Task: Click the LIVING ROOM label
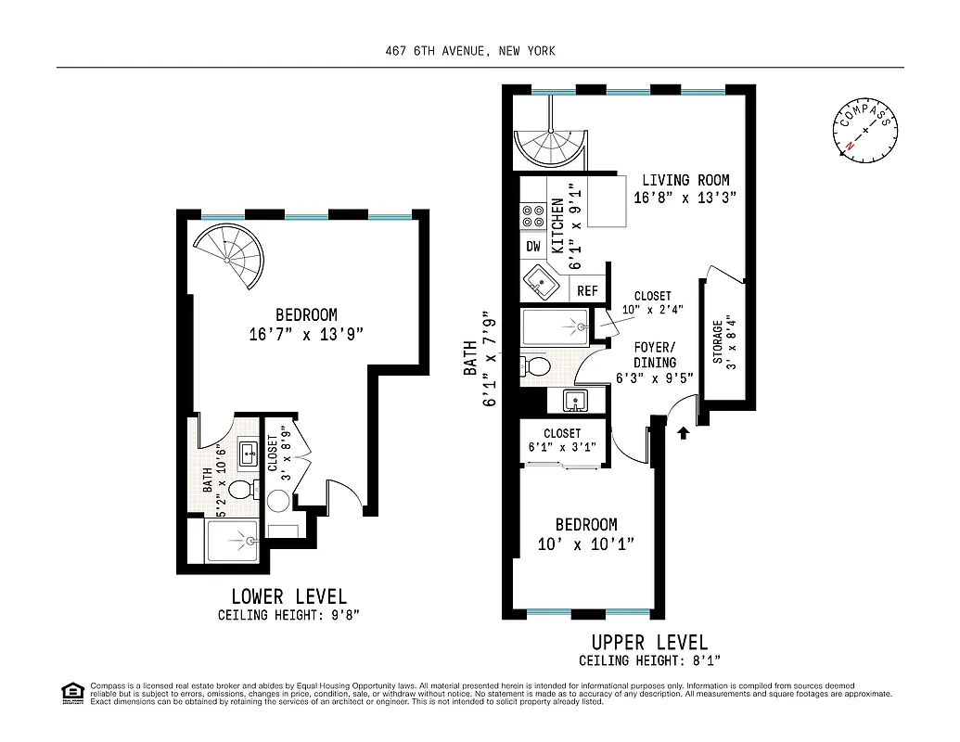click(685, 180)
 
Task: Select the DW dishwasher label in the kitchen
click(533, 247)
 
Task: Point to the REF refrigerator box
click(587, 290)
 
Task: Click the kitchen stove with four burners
click(533, 216)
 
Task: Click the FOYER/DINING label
click(654, 355)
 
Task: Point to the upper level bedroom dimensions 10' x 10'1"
click(586, 544)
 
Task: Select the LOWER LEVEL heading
click(288, 596)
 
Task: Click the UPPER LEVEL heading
click(649, 642)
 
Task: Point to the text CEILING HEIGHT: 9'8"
click(288, 615)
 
